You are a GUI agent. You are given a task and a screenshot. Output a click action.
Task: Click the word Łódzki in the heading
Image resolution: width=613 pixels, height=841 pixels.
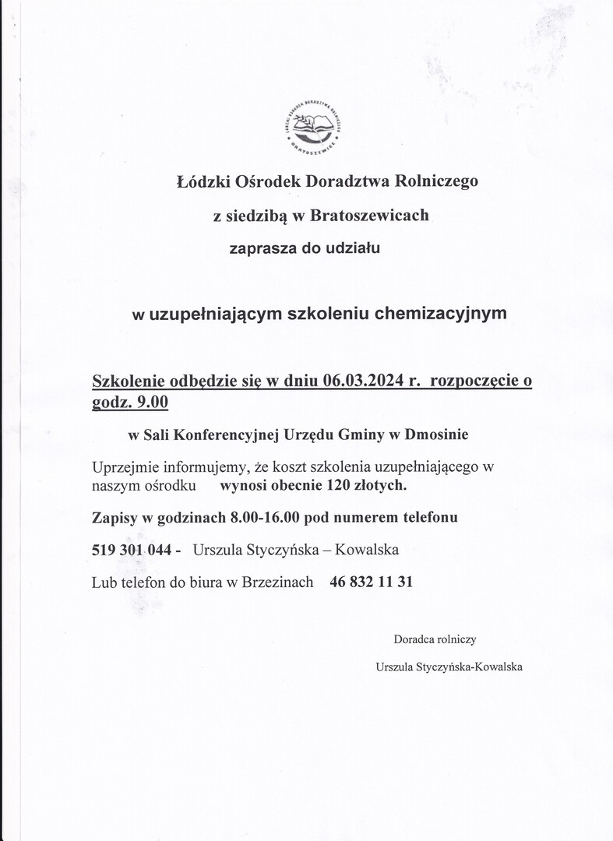point(199,182)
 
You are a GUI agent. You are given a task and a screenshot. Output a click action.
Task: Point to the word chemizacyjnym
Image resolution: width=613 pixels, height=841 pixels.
point(441,314)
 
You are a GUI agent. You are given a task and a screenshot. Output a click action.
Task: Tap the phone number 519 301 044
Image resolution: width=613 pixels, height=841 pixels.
point(132,550)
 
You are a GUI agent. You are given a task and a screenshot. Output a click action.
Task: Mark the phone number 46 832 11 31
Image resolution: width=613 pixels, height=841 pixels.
point(371,582)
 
